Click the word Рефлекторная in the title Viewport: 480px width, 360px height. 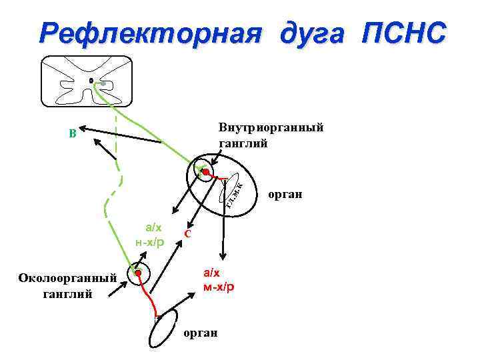[148, 33]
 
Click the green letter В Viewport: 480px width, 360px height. [72, 133]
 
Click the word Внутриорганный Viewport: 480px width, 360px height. [271, 127]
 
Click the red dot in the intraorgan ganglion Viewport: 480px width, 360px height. [207, 173]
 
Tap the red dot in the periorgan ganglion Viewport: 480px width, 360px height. [139, 273]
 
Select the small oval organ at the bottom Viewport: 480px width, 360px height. [163, 328]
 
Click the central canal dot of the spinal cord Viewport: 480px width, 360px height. [91, 81]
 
